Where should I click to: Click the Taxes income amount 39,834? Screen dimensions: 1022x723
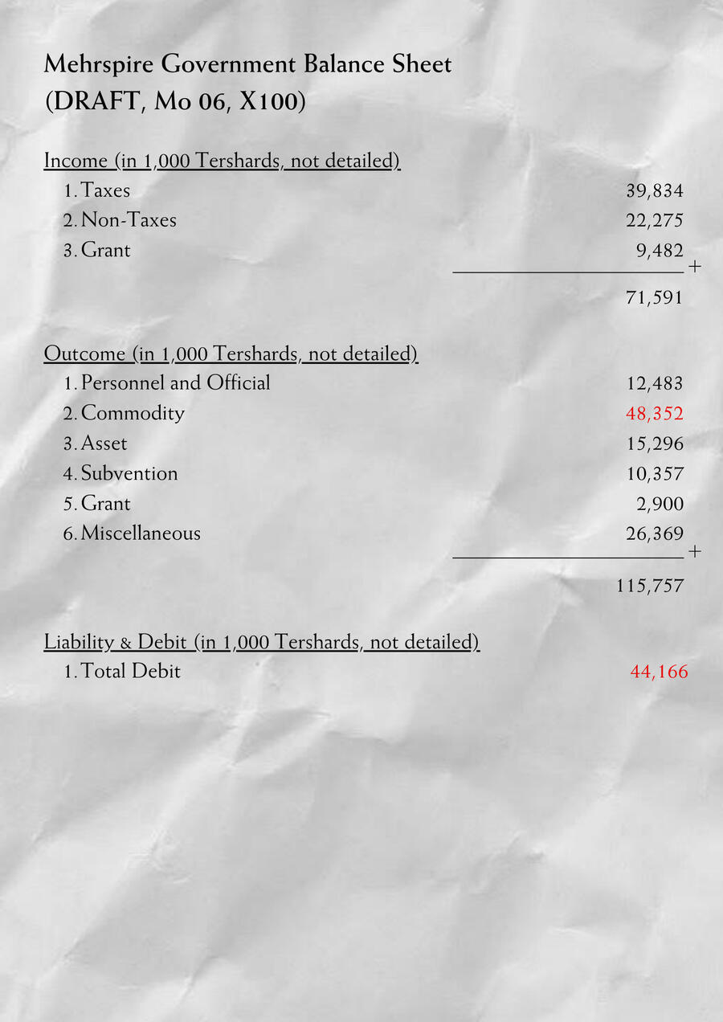point(654,190)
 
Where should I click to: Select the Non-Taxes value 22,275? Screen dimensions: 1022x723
point(654,220)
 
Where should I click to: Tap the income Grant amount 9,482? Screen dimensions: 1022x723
point(660,250)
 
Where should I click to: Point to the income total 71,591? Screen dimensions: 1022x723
point(654,298)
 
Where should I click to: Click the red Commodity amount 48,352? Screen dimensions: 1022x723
point(654,414)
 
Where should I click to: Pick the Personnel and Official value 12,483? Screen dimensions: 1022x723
point(654,384)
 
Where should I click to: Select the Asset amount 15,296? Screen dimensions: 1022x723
point(654,444)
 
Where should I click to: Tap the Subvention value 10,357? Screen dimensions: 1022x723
point(654,474)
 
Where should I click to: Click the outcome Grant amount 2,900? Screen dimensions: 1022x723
point(660,504)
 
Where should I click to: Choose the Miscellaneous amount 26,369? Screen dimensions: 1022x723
point(654,533)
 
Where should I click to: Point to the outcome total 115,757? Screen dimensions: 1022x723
point(650,586)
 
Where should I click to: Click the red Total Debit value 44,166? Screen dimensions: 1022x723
point(659,672)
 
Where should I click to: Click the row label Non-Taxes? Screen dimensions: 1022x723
point(129,220)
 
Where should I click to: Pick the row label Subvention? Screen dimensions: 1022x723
point(129,473)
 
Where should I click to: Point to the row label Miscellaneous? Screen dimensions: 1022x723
point(141,533)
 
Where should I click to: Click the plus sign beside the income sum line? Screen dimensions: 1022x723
point(695,266)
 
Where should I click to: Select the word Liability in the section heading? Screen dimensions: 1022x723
point(80,642)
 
